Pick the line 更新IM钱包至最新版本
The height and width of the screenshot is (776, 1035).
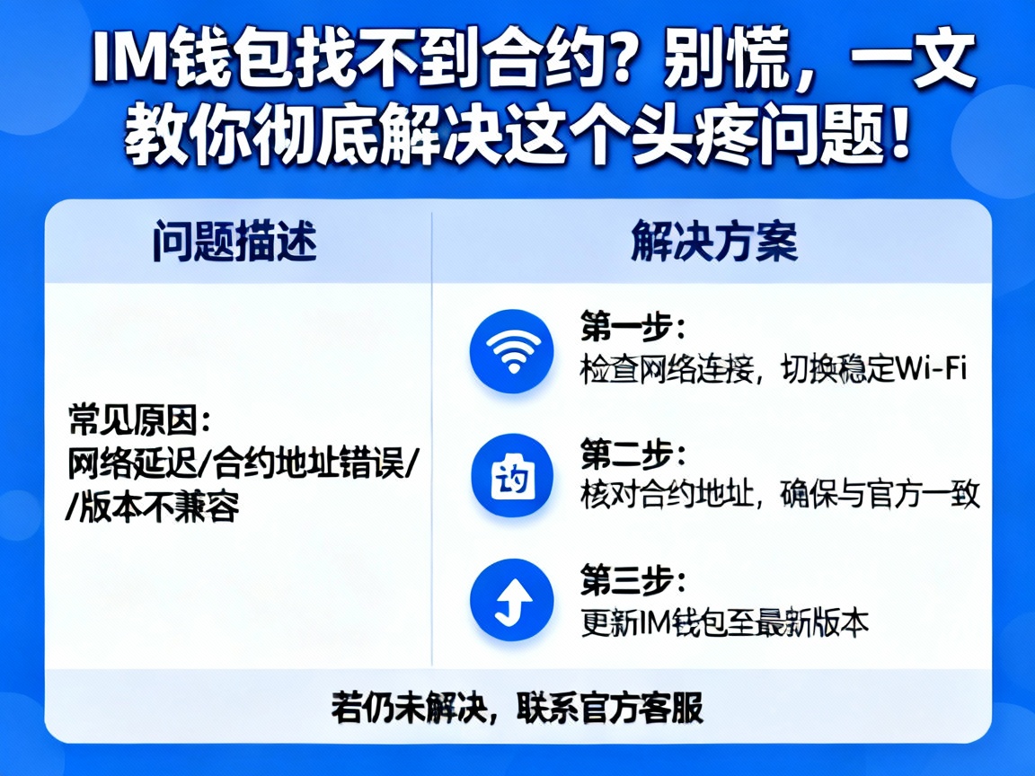point(725,622)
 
